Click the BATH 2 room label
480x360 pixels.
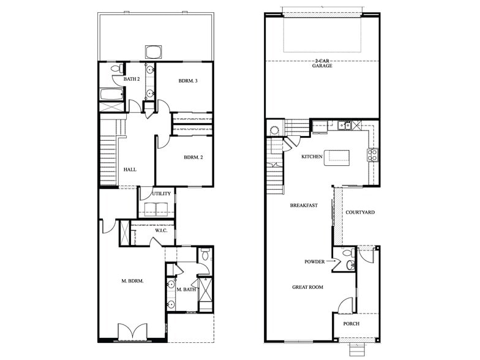pos(132,79)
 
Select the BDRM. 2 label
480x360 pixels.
pos(193,157)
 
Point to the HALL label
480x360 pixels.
pos(130,170)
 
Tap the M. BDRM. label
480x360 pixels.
pos(132,281)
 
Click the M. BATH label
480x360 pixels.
pos(186,290)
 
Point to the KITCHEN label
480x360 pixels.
pos(312,157)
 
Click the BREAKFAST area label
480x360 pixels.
pos(304,206)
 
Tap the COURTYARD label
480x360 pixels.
pos(360,212)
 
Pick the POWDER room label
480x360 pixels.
pos(315,261)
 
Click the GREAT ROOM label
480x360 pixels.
pos(307,287)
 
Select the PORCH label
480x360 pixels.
pos(351,324)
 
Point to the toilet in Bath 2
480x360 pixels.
pos(116,71)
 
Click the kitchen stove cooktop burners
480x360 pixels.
pos(372,155)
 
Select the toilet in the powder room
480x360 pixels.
pos(348,253)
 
